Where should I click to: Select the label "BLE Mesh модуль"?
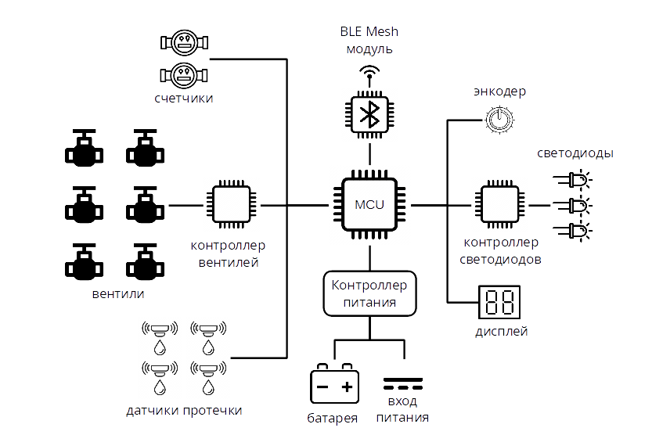[369, 40]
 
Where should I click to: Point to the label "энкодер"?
[499, 92]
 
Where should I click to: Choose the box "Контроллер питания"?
[369, 294]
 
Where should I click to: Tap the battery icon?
[334, 384]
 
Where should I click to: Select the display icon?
[499, 300]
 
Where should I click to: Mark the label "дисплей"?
[501, 331]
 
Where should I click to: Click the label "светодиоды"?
[575, 153]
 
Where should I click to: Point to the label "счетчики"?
[183, 99]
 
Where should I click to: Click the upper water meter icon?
[184, 41]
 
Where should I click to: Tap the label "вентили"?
[117, 294]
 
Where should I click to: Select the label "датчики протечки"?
[184, 411]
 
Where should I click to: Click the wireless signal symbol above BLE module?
[369, 73]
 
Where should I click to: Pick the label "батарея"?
[333, 419]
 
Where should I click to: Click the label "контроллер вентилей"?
[228, 254]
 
